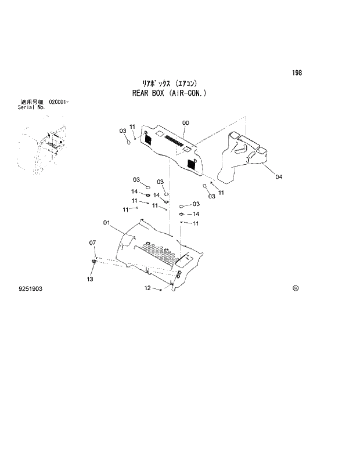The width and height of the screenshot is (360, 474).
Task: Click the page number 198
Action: click(x=297, y=73)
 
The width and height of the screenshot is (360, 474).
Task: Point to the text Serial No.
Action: click(x=32, y=107)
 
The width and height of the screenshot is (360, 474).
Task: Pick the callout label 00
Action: click(x=185, y=123)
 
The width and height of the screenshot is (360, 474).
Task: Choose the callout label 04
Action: click(x=279, y=177)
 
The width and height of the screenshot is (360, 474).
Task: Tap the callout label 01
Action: click(x=107, y=222)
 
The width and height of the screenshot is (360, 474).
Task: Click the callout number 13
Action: click(x=90, y=280)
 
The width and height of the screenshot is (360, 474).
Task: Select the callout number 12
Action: click(x=147, y=288)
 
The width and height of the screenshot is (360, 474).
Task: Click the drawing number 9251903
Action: click(x=30, y=288)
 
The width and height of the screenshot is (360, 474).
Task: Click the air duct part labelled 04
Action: click(x=241, y=157)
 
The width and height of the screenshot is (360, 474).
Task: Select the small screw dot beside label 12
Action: click(x=160, y=289)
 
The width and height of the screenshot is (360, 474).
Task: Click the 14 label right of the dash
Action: click(x=196, y=214)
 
